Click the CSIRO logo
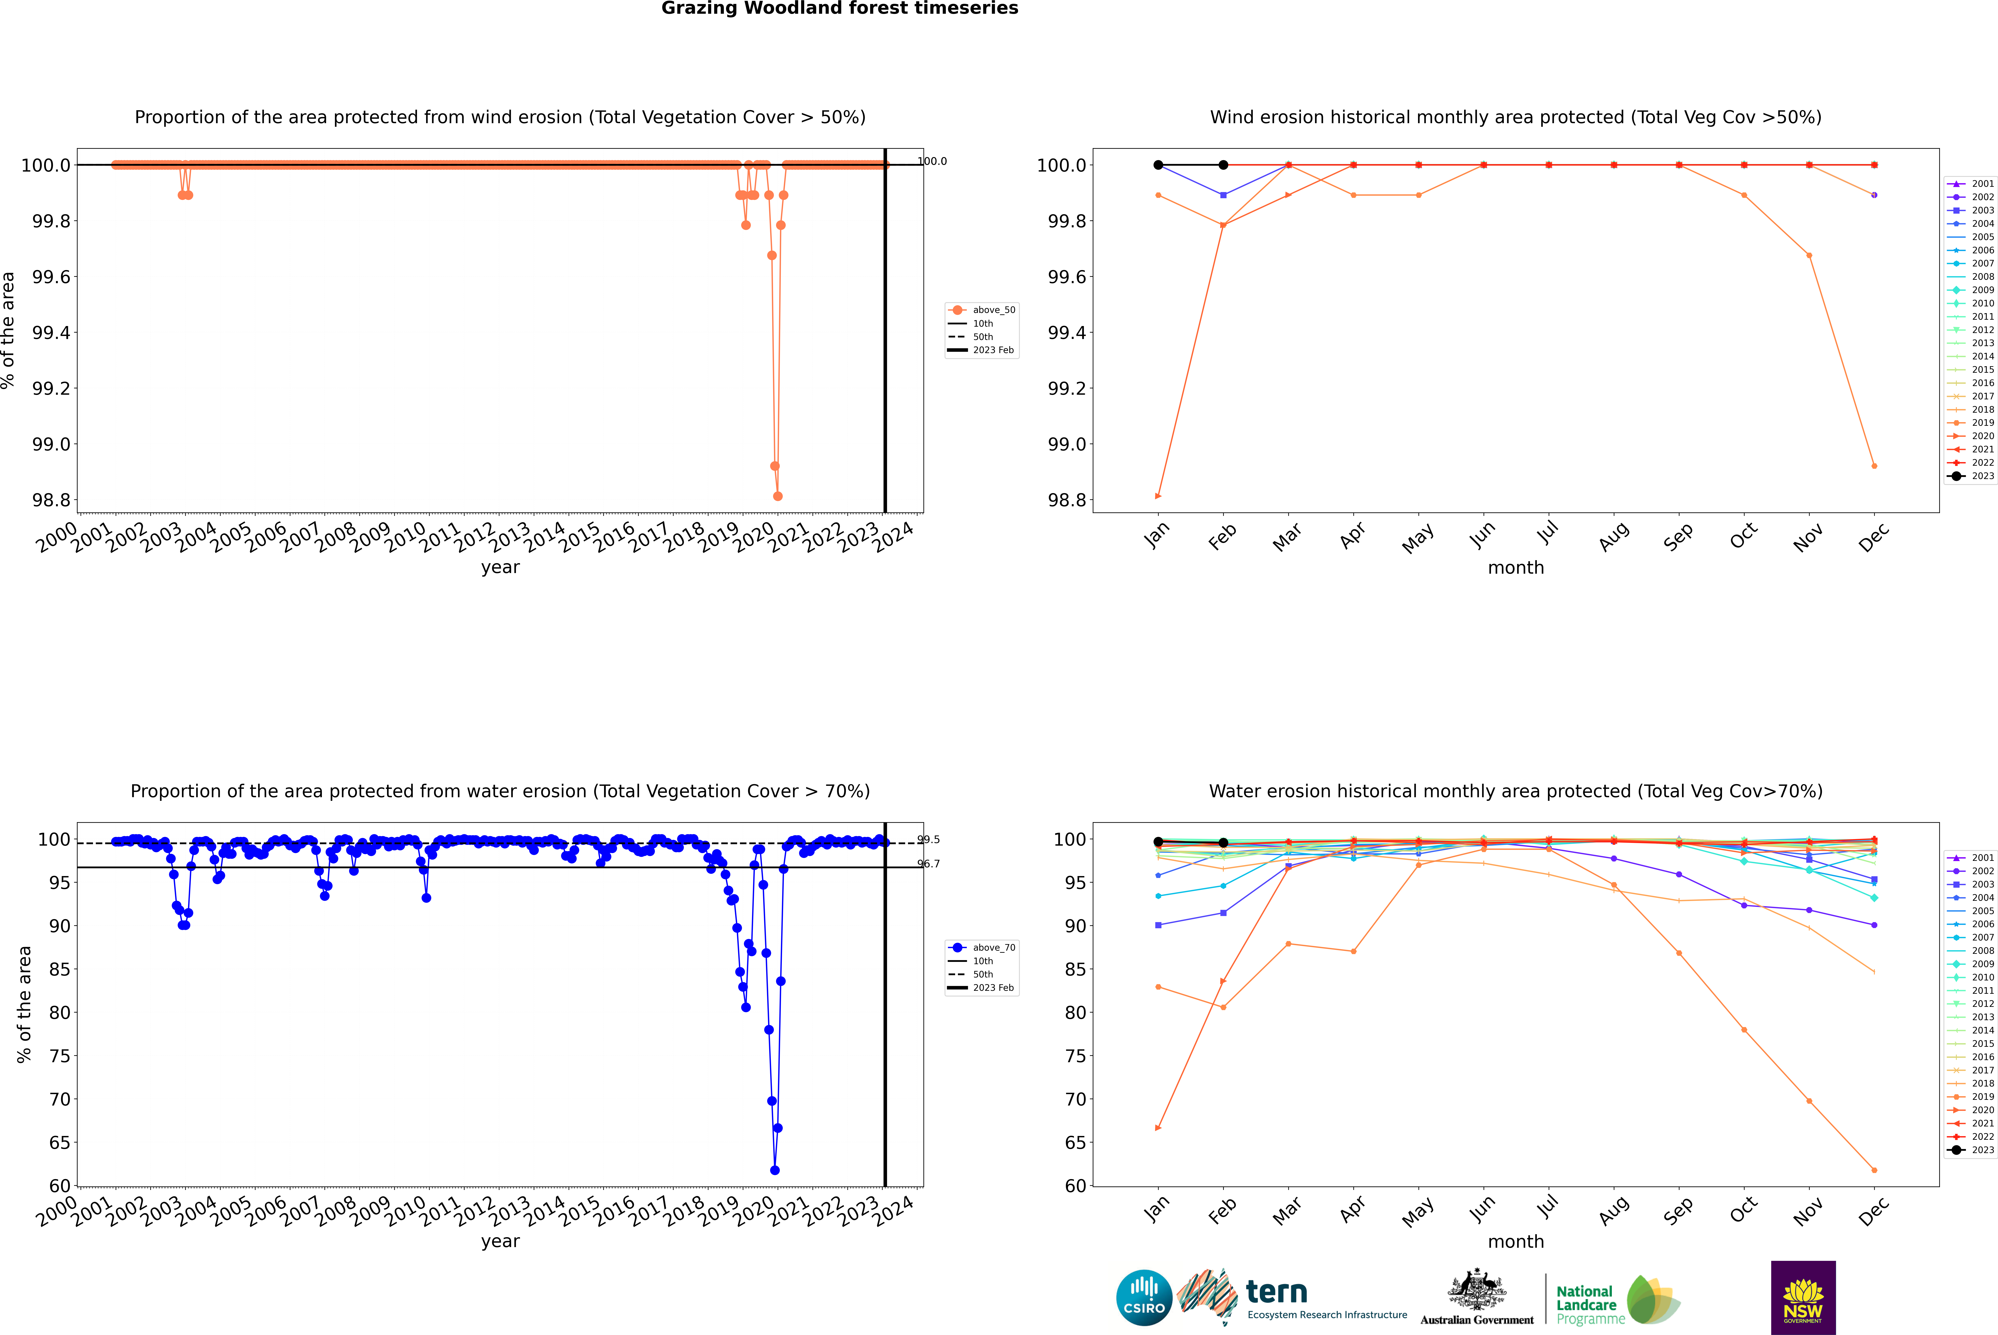(x=1144, y=1298)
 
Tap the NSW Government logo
(x=1803, y=1298)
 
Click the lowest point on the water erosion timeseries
(x=774, y=1170)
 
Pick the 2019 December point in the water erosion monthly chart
(x=1874, y=1170)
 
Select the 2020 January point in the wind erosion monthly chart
(x=1158, y=496)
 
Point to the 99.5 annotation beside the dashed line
(x=928, y=839)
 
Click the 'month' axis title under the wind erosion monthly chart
(x=1515, y=568)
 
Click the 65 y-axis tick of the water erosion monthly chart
(x=1071, y=1143)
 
